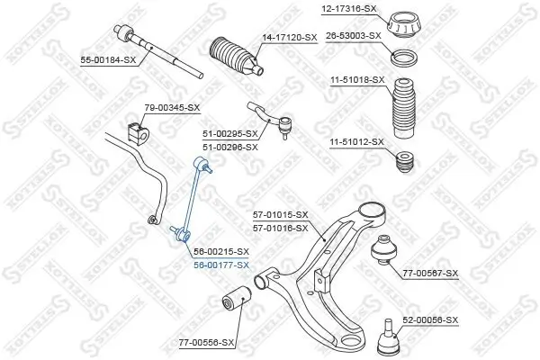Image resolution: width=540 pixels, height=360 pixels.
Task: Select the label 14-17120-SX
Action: pyautogui.click(x=289, y=37)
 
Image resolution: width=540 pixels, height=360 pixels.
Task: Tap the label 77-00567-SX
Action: pyautogui.click(x=430, y=273)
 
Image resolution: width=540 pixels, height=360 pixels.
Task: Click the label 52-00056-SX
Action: pyautogui.click(x=429, y=320)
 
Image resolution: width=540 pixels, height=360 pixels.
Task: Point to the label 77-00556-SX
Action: pyautogui.click(x=206, y=343)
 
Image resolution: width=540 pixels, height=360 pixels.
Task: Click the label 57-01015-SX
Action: pyautogui.click(x=280, y=214)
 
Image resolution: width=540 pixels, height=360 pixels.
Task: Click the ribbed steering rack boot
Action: pyautogui.click(x=233, y=56)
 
